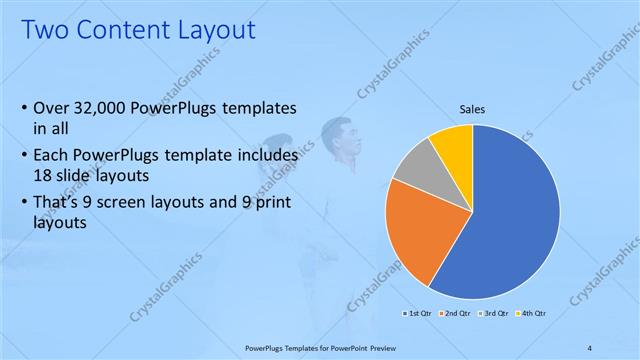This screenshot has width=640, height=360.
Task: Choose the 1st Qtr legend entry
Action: point(420,314)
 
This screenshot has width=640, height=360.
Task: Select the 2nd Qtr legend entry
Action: point(456,314)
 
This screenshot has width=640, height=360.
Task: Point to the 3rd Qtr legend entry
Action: point(493,314)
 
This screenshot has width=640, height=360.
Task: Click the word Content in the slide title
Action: point(132,31)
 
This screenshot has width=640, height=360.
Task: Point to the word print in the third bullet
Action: point(273,203)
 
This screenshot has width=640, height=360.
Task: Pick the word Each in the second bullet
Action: point(52,156)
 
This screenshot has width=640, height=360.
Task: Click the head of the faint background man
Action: point(334,131)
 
